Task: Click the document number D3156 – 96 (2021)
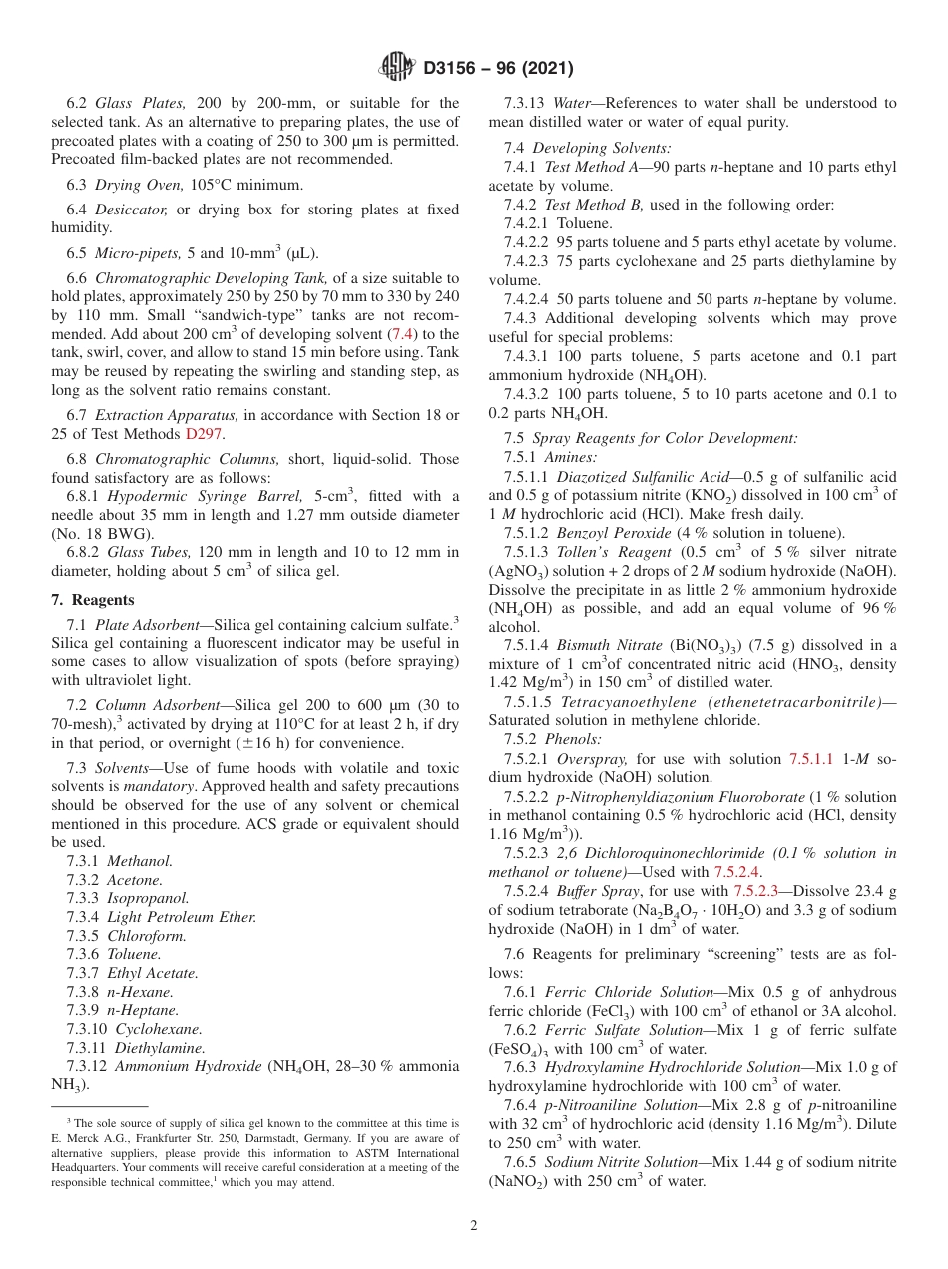(x=498, y=69)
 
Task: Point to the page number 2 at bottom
(x=474, y=1226)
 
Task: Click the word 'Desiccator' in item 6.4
(x=131, y=210)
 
